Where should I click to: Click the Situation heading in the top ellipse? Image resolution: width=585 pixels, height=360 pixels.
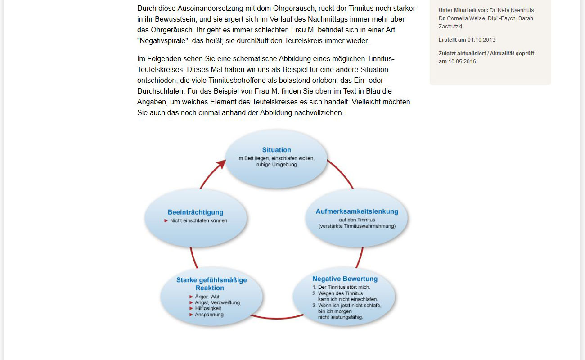(x=276, y=150)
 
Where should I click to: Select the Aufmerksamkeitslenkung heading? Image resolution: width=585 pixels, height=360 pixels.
(x=357, y=211)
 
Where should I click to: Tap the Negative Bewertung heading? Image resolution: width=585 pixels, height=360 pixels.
(x=345, y=279)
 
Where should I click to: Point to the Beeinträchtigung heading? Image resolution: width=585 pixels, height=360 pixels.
(x=195, y=212)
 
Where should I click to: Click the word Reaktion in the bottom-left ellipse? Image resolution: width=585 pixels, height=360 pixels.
(x=210, y=288)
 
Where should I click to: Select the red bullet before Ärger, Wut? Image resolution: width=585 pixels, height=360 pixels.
(x=191, y=297)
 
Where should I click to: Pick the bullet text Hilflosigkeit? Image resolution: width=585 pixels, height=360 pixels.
(x=208, y=309)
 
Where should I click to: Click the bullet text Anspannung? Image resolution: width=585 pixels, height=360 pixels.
(x=209, y=315)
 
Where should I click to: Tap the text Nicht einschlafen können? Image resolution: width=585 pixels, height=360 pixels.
(x=198, y=221)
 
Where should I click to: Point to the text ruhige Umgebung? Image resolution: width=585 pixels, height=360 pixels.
(x=276, y=165)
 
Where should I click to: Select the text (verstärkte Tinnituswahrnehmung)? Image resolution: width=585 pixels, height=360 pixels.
(x=357, y=226)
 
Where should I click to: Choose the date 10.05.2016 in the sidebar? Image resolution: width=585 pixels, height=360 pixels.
(x=462, y=62)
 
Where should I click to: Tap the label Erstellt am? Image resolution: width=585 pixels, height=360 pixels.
(x=452, y=40)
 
